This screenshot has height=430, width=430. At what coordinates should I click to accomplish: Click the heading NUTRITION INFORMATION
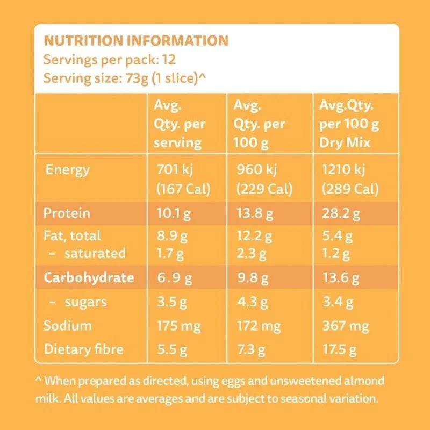pos(135,40)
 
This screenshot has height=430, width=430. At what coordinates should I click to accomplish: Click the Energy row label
pos(68,170)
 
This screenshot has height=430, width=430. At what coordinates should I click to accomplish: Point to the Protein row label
pos(67,213)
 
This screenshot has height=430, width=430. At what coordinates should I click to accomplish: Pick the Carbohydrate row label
pos(88,277)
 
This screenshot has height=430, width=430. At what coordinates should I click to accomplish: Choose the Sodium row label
pos(68,325)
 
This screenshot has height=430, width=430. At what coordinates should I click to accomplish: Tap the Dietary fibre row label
pos(83,349)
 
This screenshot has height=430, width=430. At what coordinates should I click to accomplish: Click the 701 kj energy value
pos(173,170)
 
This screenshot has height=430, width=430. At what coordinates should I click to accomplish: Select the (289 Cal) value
pos(350,190)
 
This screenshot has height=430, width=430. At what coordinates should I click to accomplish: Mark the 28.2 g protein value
pos(340,214)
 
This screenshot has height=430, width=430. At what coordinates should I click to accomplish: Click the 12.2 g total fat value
pos(255,235)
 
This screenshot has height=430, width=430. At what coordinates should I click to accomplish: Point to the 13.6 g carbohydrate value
pos(340,278)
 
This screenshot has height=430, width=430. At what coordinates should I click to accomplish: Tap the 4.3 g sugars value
pos(252,302)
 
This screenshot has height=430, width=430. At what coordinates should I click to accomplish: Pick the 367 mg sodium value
pos(344,326)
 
